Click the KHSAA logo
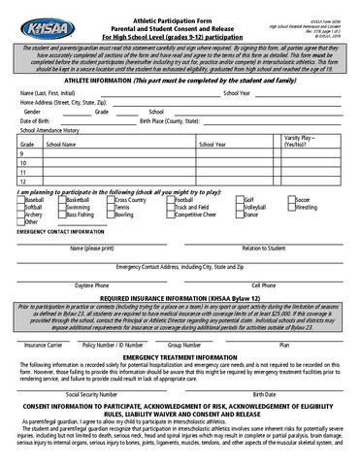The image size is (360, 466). (x=38, y=19)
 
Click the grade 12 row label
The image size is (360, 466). (x=22, y=182)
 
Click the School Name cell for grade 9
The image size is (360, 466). (x=116, y=154)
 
